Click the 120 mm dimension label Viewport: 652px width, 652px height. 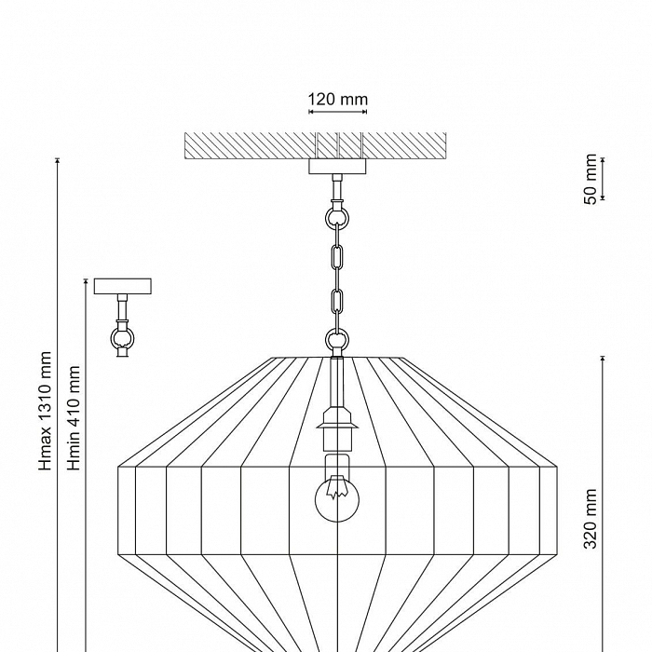(x=338, y=99)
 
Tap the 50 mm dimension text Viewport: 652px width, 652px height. (x=591, y=180)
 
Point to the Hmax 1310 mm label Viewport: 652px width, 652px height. (x=46, y=410)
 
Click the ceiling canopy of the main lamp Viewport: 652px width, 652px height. (x=338, y=167)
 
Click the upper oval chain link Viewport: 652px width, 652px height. (x=337, y=256)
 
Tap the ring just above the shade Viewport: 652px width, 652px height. (x=337, y=341)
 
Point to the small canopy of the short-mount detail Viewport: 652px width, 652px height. (x=122, y=286)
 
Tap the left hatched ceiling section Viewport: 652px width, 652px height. (x=249, y=145)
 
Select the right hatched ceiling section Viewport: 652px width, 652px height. (x=404, y=145)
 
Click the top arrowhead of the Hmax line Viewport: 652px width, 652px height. (x=58, y=161)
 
